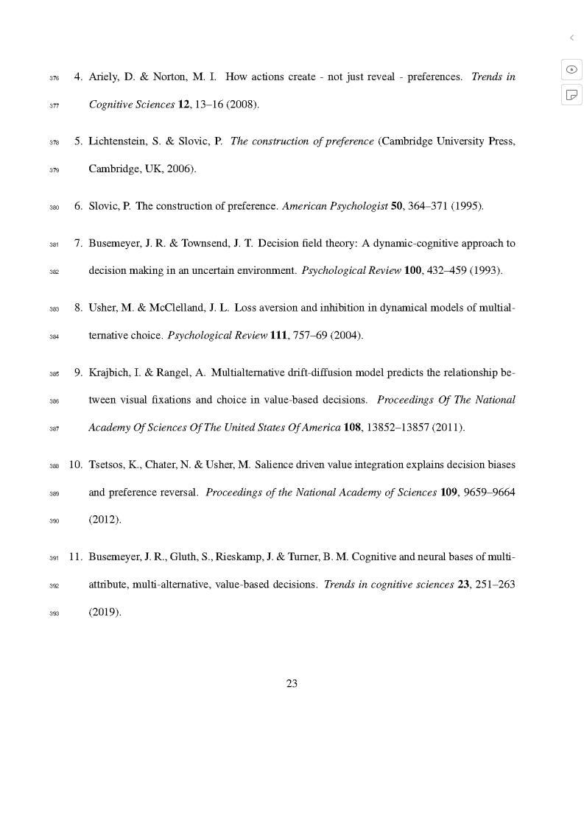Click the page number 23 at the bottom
292,683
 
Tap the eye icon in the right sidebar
571,69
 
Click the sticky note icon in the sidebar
571,95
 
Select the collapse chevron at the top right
571,38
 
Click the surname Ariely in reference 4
105,77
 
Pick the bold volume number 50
396,206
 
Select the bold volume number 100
412,270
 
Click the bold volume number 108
352,428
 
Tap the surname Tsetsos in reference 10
107,465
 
